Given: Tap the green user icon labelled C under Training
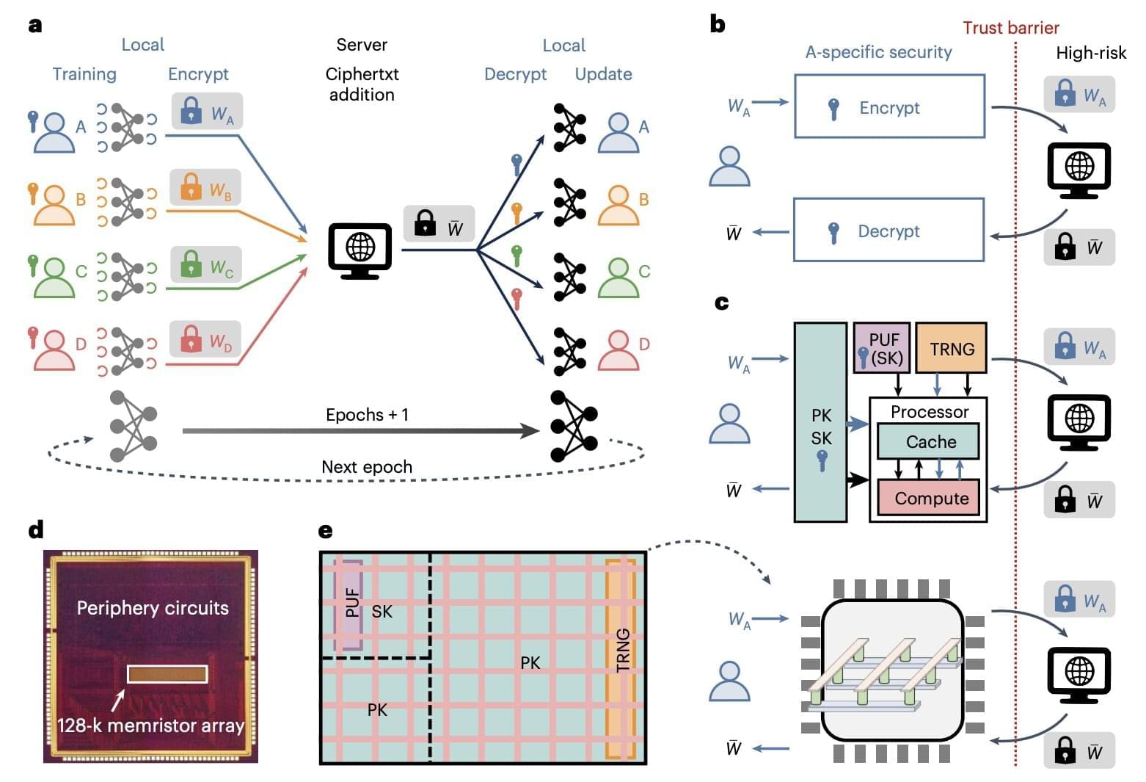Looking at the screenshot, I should point(54,276).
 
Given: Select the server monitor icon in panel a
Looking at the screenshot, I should point(359,250).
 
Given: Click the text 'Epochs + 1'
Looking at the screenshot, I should point(367,415).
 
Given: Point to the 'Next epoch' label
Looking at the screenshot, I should point(367,467).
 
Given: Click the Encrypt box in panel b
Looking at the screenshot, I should point(889,106).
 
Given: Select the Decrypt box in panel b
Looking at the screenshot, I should point(888,230).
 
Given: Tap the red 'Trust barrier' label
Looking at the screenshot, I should point(1010,28).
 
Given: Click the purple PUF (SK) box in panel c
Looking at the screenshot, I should point(882,348).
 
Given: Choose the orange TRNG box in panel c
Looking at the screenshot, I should point(952,349).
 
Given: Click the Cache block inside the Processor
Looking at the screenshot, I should point(930,441).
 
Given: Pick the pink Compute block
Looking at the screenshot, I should point(930,499).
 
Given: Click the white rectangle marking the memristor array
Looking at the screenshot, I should point(167,674).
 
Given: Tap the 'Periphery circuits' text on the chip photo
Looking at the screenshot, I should point(153,608).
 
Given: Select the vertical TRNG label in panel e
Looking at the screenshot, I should point(623,650).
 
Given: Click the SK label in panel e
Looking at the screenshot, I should point(382,612).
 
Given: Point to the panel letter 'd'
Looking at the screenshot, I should point(35,529).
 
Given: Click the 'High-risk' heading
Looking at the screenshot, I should point(1090,53).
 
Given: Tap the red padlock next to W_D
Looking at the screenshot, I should point(191,338).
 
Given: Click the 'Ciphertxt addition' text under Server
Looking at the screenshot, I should point(362,84).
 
